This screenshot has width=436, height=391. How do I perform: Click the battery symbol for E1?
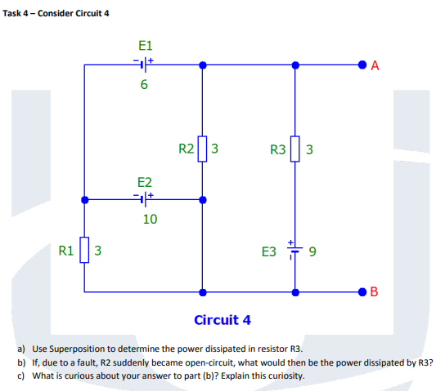(x=143, y=63)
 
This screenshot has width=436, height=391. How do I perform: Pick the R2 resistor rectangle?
(x=203, y=149)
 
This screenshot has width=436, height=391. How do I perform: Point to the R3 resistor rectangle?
(x=294, y=149)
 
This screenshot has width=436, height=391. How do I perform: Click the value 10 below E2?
(x=150, y=219)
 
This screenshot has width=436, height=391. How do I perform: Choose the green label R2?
(x=186, y=149)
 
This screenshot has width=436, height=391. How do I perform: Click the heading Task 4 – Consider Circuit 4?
(x=56, y=11)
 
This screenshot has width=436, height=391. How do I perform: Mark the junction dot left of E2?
(x=85, y=198)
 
